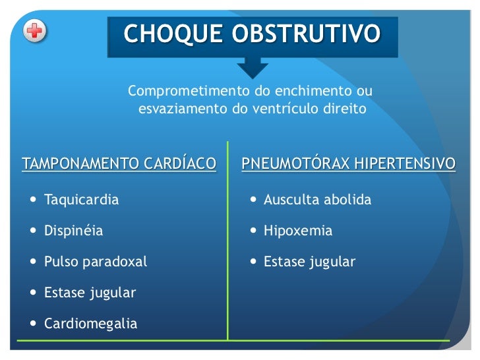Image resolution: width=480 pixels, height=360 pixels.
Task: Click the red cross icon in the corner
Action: point(35,31)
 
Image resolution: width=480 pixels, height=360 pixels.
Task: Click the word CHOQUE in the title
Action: point(171,33)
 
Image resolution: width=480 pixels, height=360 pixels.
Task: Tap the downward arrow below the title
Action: point(252,66)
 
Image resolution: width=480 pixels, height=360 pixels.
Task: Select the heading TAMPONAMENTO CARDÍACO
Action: point(119,164)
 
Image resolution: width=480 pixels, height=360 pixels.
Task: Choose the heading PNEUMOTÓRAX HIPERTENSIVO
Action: point(348,164)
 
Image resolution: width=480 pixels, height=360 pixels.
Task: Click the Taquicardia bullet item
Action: point(81,200)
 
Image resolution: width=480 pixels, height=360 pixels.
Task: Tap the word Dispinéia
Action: point(73,231)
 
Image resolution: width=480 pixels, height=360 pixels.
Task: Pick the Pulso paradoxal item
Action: point(95,262)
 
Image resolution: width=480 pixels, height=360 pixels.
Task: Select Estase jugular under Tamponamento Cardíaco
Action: point(90,293)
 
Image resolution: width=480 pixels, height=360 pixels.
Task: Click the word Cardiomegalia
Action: point(90,324)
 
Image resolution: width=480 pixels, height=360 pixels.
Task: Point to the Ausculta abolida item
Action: point(317,200)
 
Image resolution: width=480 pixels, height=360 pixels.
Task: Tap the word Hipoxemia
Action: point(298,231)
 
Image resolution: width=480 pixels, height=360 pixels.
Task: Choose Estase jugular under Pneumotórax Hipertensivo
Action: point(309,262)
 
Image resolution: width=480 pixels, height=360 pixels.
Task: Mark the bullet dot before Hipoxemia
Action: point(253,231)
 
